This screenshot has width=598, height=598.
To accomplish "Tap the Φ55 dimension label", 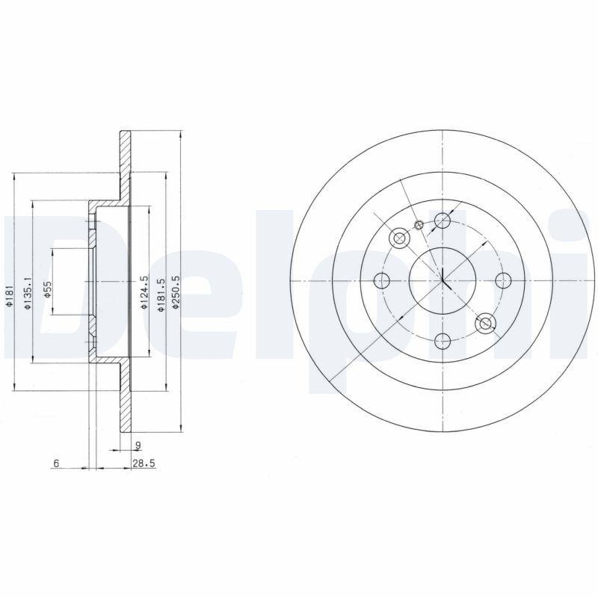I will click(46, 290).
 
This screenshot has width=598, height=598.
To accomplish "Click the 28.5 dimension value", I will click(144, 464).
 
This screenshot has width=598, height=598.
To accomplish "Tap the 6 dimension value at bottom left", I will click(56, 464).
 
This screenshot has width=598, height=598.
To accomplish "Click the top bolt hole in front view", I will click(443, 221).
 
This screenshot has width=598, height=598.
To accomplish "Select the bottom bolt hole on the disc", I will click(443, 341).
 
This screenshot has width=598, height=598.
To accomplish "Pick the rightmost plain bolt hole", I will click(503, 280).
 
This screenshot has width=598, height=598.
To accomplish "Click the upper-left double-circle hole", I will click(399, 238).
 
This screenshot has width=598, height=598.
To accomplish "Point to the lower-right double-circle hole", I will click(486, 323).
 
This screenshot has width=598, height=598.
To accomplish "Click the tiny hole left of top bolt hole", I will click(419, 225).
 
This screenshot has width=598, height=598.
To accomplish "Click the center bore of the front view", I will click(443, 281).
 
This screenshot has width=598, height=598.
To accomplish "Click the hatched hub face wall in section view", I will click(93, 281).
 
